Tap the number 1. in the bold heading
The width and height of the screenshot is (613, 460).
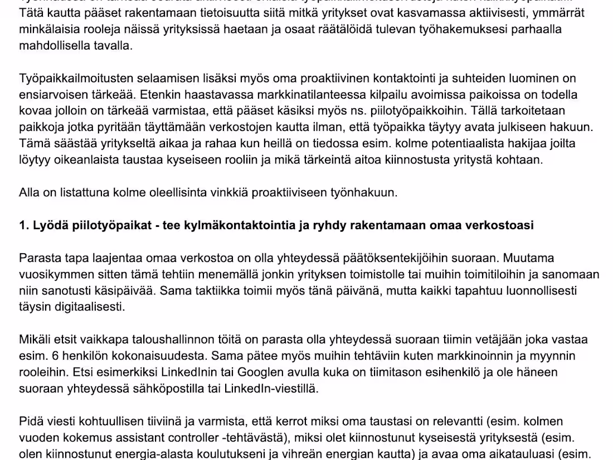click(23, 225)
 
